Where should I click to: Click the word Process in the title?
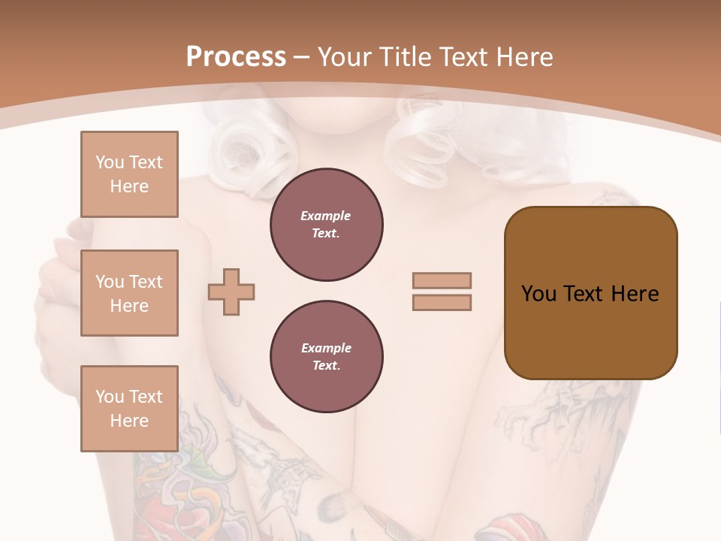click(x=236, y=57)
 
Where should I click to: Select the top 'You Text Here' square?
click(x=129, y=174)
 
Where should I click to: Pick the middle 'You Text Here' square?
click(x=129, y=293)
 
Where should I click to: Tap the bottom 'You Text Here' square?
click(x=129, y=409)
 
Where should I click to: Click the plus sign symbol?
click(x=231, y=292)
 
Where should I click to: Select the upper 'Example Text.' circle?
click(x=326, y=225)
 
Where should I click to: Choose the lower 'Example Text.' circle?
click(x=326, y=357)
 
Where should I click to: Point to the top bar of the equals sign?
click(x=442, y=280)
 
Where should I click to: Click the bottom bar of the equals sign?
click(x=442, y=303)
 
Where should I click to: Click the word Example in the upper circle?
click(x=326, y=216)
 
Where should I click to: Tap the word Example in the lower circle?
click(x=326, y=348)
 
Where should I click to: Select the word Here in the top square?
click(x=129, y=186)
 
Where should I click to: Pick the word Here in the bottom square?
click(x=129, y=421)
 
